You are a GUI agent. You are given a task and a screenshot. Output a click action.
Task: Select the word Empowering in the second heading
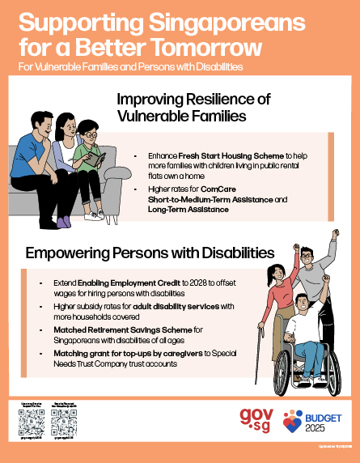pos(70,253)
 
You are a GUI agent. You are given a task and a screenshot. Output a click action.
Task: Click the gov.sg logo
pos(257,419)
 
